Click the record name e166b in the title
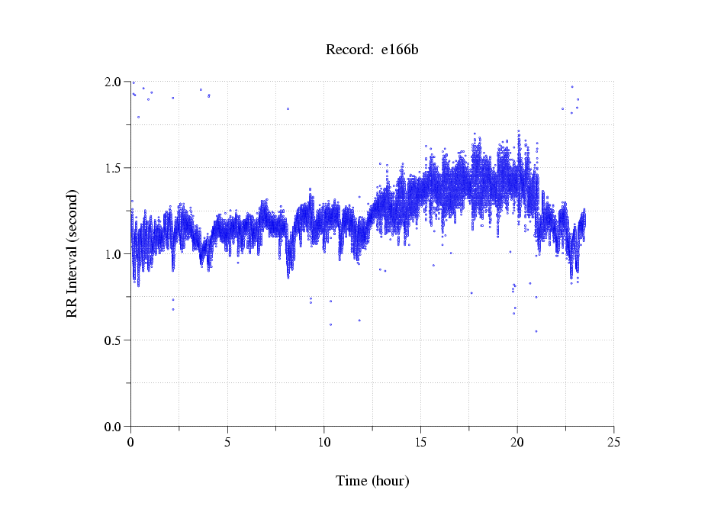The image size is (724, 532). [x=400, y=50]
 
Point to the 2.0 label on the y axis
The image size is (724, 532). [x=114, y=82]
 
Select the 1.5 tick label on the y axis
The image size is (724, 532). [x=114, y=168]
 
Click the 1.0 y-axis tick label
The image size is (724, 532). [x=114, y=254]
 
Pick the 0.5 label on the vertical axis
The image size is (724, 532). [x=114, y=340]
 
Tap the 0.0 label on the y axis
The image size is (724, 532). [x=114, y=427]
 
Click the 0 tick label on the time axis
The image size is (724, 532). [x=131, y=442]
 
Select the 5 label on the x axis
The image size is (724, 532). [x=227, y=442]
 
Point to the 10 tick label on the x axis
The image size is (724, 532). [x=324, y=442]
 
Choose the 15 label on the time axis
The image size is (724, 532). [x=421, y=442]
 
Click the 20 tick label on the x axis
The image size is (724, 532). [x=517, y=442]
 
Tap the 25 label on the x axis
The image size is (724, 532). [x=614, y=442]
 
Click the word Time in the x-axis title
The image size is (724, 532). [x=352, y=481]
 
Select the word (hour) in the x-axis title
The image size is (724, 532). [x=390, y=481]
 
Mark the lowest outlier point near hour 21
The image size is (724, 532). [x=536, y=331]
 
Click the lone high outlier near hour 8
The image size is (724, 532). [x=288, y=108]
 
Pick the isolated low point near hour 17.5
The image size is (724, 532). [x=471, y=293]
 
